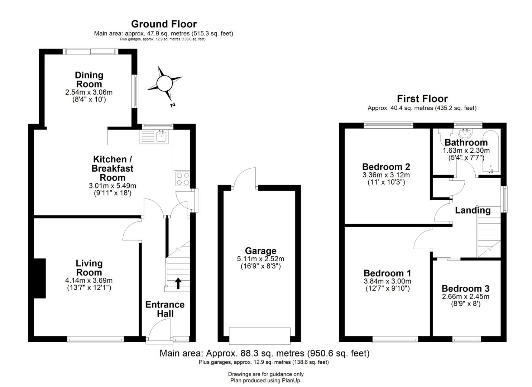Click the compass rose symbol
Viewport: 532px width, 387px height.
164,83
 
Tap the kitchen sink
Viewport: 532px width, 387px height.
162,137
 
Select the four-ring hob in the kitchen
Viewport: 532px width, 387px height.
182,179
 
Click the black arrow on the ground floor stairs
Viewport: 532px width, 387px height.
178,284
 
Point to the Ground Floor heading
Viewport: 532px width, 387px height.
164,24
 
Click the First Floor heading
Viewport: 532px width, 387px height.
422,98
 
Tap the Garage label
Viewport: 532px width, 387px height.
260,250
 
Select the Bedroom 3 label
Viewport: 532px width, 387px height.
465,288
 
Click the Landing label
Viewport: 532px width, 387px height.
473,210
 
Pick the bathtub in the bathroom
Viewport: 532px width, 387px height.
491,152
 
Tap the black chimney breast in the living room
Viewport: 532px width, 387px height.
40,278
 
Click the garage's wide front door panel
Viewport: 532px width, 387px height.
260,336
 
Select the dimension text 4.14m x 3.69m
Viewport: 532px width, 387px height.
89,280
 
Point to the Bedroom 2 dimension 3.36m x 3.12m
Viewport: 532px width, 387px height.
386,175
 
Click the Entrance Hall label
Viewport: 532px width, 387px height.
165,309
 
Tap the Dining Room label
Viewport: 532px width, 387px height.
89,80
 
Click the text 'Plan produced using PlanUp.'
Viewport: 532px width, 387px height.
266,380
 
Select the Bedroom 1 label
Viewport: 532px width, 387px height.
387,273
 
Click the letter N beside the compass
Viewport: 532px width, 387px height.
173,105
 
